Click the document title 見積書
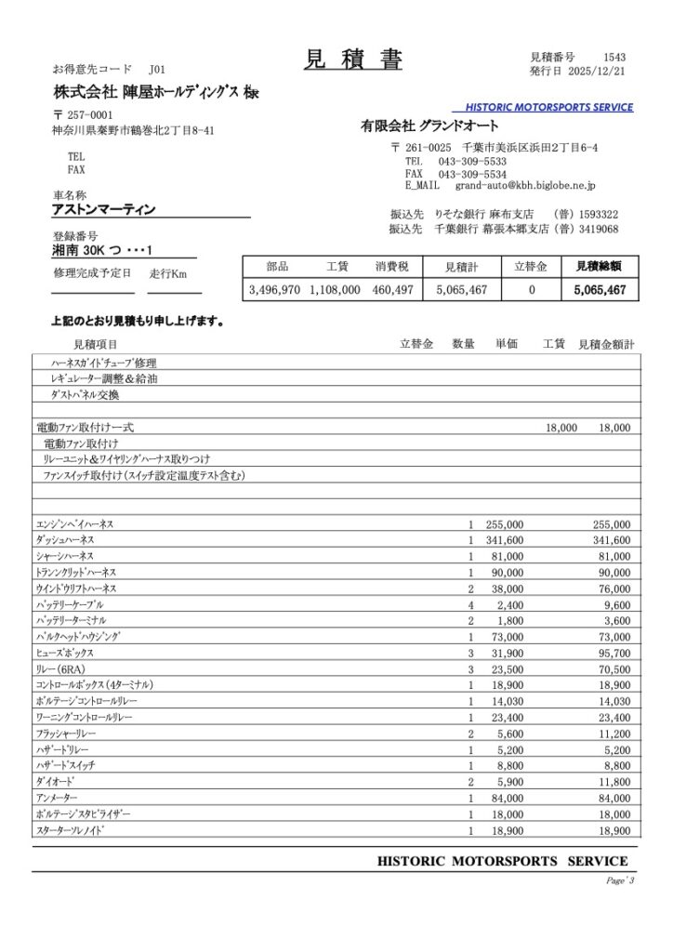pos(352,59)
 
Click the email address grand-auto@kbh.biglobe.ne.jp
pos(529,186)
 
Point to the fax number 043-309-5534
pos(471,174)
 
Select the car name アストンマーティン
pos(104,209)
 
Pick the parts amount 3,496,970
pos(275,290)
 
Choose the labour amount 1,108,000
pos(334,290)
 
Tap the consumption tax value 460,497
pos(392,290)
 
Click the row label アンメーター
pos(57,798)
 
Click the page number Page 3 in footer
pos(619,879)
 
